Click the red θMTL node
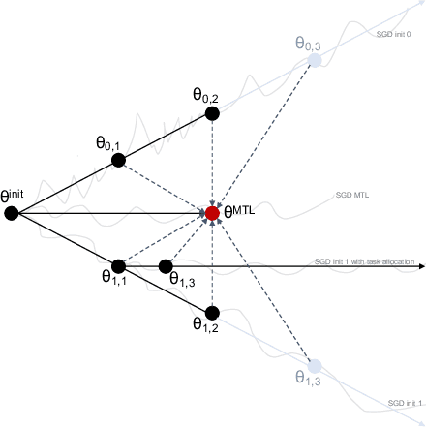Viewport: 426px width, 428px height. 213,213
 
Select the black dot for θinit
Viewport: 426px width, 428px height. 12,213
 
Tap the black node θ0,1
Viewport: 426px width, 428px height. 119,160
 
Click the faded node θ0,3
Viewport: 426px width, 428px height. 314,60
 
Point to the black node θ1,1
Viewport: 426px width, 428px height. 119,265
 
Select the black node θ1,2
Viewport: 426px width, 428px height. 213,312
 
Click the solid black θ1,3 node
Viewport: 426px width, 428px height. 166,265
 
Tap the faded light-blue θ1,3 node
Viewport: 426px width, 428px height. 314,366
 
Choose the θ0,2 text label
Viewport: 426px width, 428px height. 206,95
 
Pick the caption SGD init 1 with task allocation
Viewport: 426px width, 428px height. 364,261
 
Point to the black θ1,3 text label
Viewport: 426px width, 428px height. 183,279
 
